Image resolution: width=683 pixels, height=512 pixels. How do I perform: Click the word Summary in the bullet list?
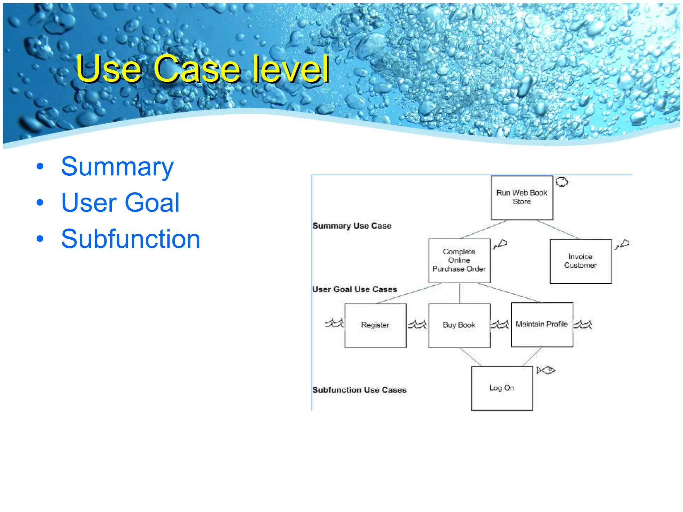pos(117,167)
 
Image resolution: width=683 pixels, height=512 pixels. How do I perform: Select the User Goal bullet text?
pos(120,203)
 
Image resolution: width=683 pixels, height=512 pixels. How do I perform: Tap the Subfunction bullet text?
pos(130,239)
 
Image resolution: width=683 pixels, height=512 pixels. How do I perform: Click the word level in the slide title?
pos(290,69)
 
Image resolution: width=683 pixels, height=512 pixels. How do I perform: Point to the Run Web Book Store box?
pos(522,197)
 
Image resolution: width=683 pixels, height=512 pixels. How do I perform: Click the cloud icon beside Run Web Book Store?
pos(562,182)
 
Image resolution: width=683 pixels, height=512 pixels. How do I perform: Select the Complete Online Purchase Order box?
pos(459,260)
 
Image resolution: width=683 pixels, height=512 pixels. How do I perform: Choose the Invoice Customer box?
pos(580,261)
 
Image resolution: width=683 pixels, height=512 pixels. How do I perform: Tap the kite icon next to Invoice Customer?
pos(622,244)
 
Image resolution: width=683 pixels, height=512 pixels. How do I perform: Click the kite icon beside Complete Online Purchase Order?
pos(500,244)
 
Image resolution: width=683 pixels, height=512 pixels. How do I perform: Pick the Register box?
pos(375,325)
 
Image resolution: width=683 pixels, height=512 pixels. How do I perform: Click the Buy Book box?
pos(459,325)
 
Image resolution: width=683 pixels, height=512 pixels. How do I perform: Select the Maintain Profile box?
pos(542,324)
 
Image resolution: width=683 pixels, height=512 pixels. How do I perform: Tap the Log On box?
pos(502,388)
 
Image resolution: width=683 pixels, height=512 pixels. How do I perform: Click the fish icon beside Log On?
pos(546,370)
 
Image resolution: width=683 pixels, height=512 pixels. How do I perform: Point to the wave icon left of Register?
pos(334,323)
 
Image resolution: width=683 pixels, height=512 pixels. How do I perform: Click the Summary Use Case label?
pos(352,226)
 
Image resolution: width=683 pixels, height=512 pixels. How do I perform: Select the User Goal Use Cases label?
pos(355,289)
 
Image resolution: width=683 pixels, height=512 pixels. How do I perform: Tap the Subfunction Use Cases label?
pos(359,390)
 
